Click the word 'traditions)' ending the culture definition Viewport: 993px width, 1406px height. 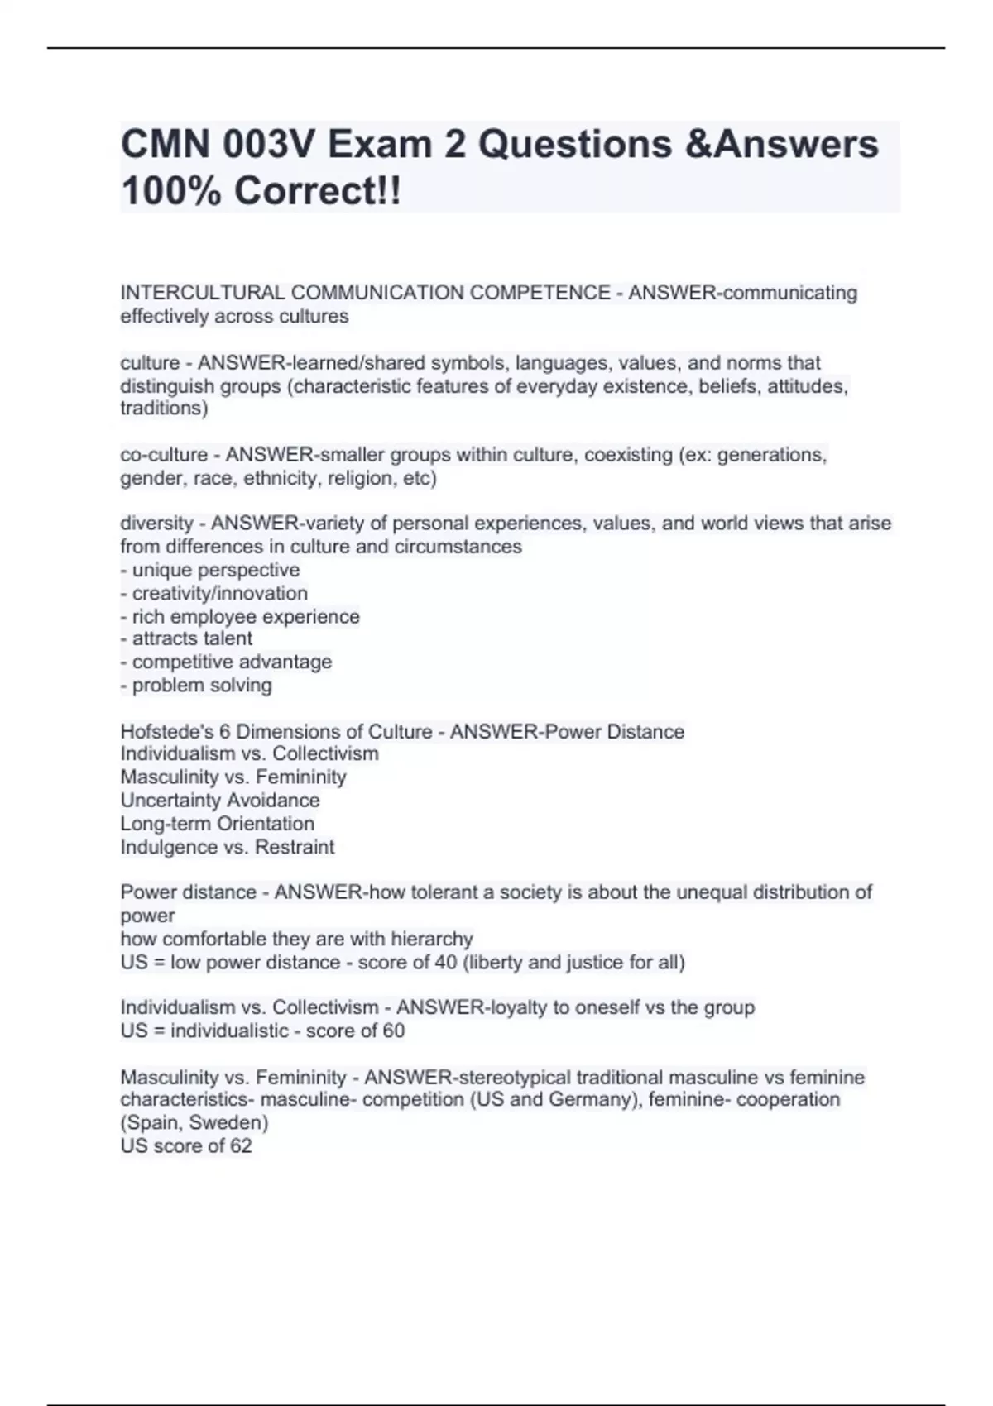point(164,408)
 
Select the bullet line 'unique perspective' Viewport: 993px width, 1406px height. point(215,570)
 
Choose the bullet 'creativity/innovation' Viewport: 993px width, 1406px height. point(219,593)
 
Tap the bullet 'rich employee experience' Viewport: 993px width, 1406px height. point(245,616)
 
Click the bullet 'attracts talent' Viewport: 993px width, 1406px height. point(192,638)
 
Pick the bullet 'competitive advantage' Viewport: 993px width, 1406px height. point(232,662)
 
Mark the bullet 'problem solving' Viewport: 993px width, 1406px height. point(201,685)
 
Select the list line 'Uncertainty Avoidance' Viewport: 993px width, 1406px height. point(220,801)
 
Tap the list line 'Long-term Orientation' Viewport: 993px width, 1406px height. point(218,824)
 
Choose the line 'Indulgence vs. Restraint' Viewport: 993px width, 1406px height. point(228,847)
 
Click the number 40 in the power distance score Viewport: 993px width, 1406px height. point(446,963)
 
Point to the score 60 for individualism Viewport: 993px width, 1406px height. point(394,1031)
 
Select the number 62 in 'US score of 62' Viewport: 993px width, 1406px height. point(241,1146)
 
